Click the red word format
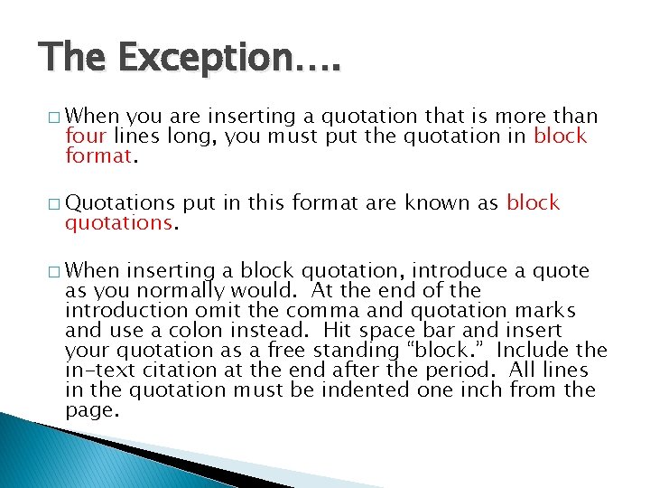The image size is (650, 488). (x=98, y=155)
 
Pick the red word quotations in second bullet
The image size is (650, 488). (x=117, y=223)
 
